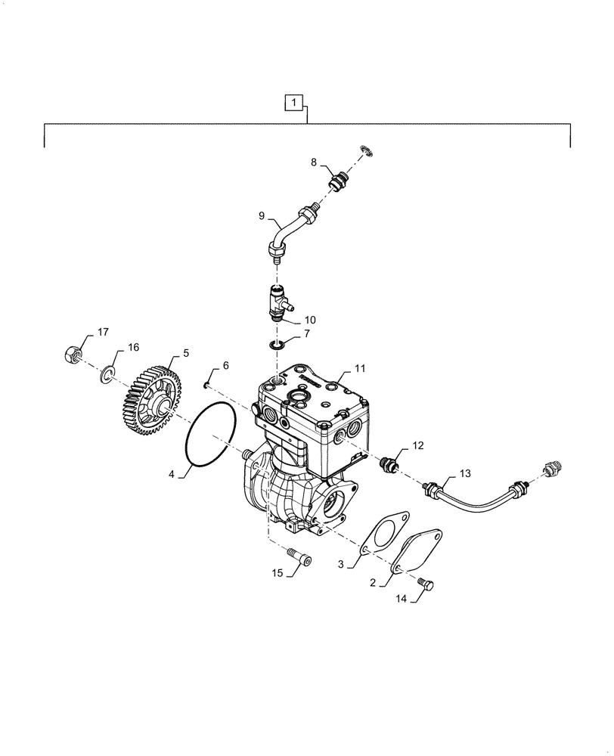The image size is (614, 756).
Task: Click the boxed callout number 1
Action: (x=295, y=101)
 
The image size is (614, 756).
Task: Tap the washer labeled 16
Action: (x=109, y=373)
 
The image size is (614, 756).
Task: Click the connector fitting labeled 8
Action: (x=336, y=181)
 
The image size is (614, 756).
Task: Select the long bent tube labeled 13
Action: (x=473, y=493)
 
